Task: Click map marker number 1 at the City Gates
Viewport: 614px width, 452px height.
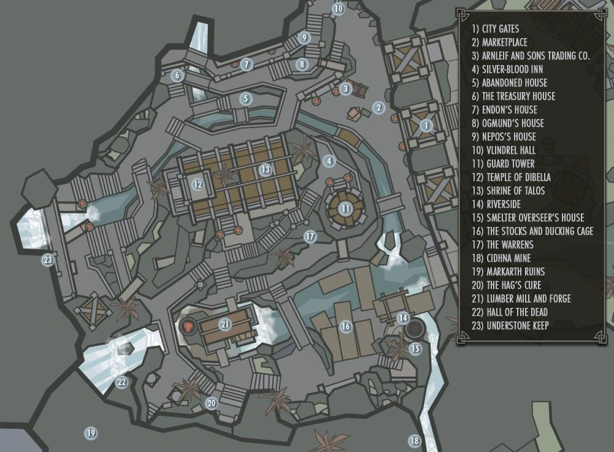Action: tap(426, 126)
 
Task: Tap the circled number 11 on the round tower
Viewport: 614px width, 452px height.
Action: tap(346, 209)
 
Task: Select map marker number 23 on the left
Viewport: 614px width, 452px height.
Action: tap(48, 260)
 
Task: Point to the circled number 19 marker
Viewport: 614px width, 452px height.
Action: tap(91, 434)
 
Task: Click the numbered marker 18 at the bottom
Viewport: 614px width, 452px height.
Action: tap(415, 441)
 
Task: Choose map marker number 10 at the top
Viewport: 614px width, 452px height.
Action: tap(339, 9)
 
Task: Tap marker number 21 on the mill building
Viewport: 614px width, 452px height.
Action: tap(225, 324)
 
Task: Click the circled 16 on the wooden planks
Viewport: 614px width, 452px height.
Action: tap(346, 327)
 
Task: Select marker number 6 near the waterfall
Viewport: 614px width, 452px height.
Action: tap(177, 76)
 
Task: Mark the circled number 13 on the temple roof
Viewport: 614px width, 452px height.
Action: tap(265, 169)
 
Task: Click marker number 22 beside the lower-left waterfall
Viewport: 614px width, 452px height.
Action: tap(121, 383)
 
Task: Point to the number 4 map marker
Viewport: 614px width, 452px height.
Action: tap(329, 161)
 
